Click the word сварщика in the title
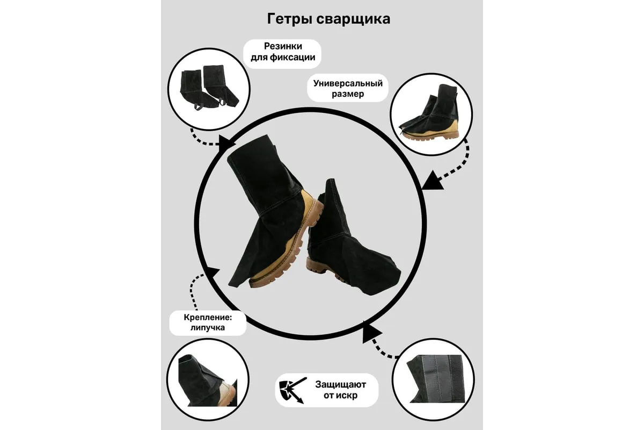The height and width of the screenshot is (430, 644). (353, 19)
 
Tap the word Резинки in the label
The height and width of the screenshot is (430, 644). (283, 46)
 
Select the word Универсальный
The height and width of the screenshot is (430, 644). (348, 83)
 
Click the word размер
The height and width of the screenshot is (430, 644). (348, 94)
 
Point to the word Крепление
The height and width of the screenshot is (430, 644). (208, 317)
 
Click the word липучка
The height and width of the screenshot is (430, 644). (208, 327)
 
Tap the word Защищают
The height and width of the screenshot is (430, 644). (340, 384)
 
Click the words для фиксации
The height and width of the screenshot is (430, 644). (283, 58)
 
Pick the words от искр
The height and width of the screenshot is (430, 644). (340, 395)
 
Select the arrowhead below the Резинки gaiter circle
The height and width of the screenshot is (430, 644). (227, 143)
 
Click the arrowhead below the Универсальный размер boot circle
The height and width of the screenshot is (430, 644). (432, 181)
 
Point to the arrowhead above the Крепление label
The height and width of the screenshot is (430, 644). (213, 274)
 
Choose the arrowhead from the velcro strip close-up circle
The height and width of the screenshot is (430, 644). (371, 333)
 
